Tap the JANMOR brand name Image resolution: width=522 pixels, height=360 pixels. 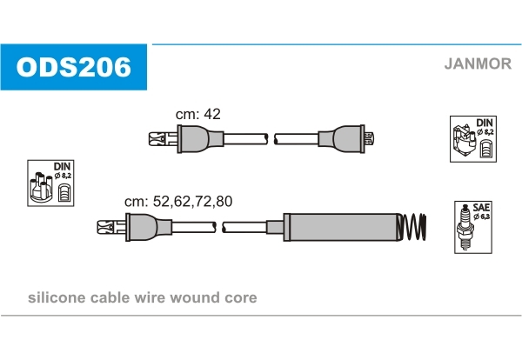click(x=478, y=63)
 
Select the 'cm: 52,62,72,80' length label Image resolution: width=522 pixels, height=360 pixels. click(x=178, y=201)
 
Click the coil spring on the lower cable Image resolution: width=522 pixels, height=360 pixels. click(x=414, y=228)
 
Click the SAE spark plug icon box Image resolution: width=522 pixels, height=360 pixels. click(x=471, y=228)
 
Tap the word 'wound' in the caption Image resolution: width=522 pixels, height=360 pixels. click(x=199, y=298)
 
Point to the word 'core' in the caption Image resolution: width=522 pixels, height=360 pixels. click(x=241, y=298)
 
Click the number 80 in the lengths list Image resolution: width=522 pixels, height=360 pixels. click(x=224, y=201)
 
